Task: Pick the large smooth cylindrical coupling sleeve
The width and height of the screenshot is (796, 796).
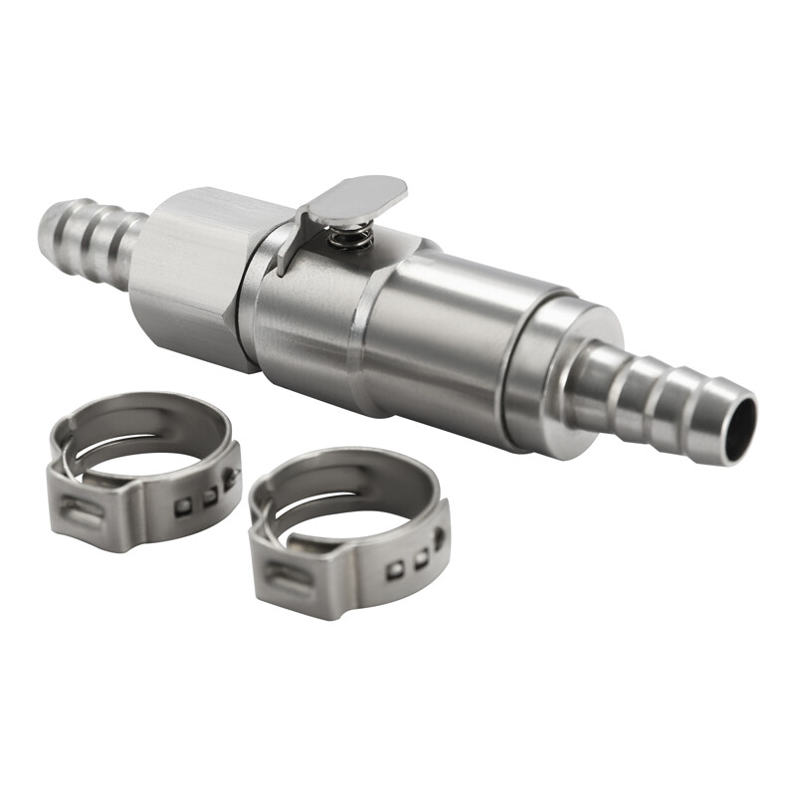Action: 448,328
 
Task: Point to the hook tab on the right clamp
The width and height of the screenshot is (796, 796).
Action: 439,538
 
